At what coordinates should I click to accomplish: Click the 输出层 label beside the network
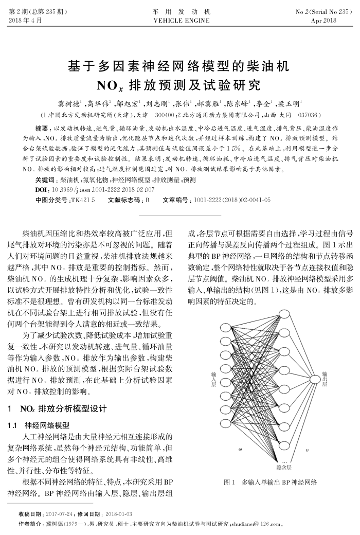tap(324, 381)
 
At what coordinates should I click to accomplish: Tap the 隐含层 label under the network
tap(284, 467)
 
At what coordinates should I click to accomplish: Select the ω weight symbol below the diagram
tap(240, 449)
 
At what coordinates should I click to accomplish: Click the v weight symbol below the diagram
tap(307, 449)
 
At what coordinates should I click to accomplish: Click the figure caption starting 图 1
tap(271, 483)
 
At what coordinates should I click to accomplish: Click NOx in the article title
tap(113, 84)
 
